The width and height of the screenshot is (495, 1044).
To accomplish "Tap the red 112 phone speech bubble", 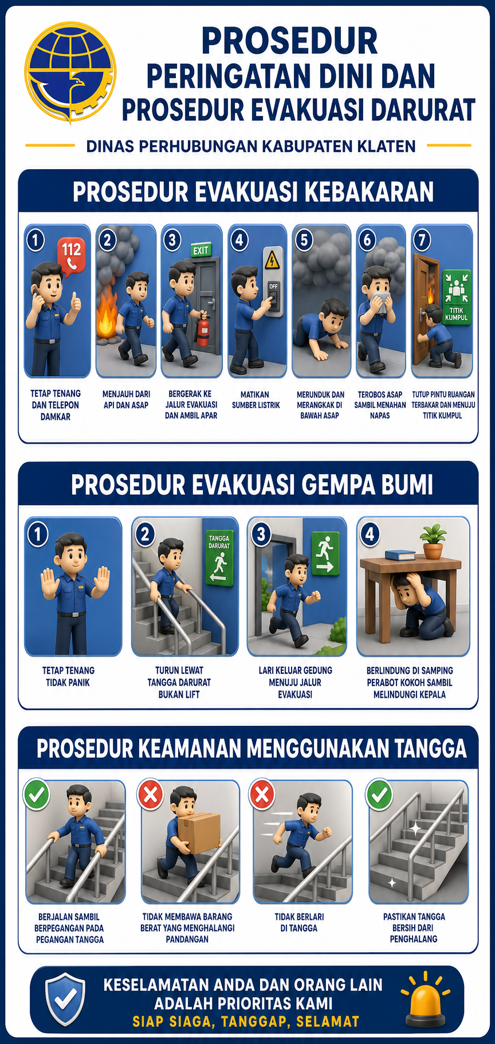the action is point(72,254).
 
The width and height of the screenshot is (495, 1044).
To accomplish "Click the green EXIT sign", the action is point(201,250).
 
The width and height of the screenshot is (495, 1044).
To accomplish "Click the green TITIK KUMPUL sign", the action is point(456,297).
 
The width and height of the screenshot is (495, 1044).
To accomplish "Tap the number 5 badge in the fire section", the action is point(304,240).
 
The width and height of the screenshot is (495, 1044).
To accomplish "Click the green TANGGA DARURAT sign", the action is point(219,557).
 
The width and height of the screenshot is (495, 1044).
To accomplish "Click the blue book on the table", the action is point(400,554).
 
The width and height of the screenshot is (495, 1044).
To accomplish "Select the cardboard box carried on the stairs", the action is point(199,834).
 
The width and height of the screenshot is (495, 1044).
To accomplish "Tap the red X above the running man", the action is point(262,795).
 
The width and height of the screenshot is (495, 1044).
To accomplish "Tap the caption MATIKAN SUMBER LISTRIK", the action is point(256,400).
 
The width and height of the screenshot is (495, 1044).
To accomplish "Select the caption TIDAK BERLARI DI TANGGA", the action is point(299,922).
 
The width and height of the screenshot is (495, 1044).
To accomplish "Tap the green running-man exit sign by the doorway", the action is point(325,554).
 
